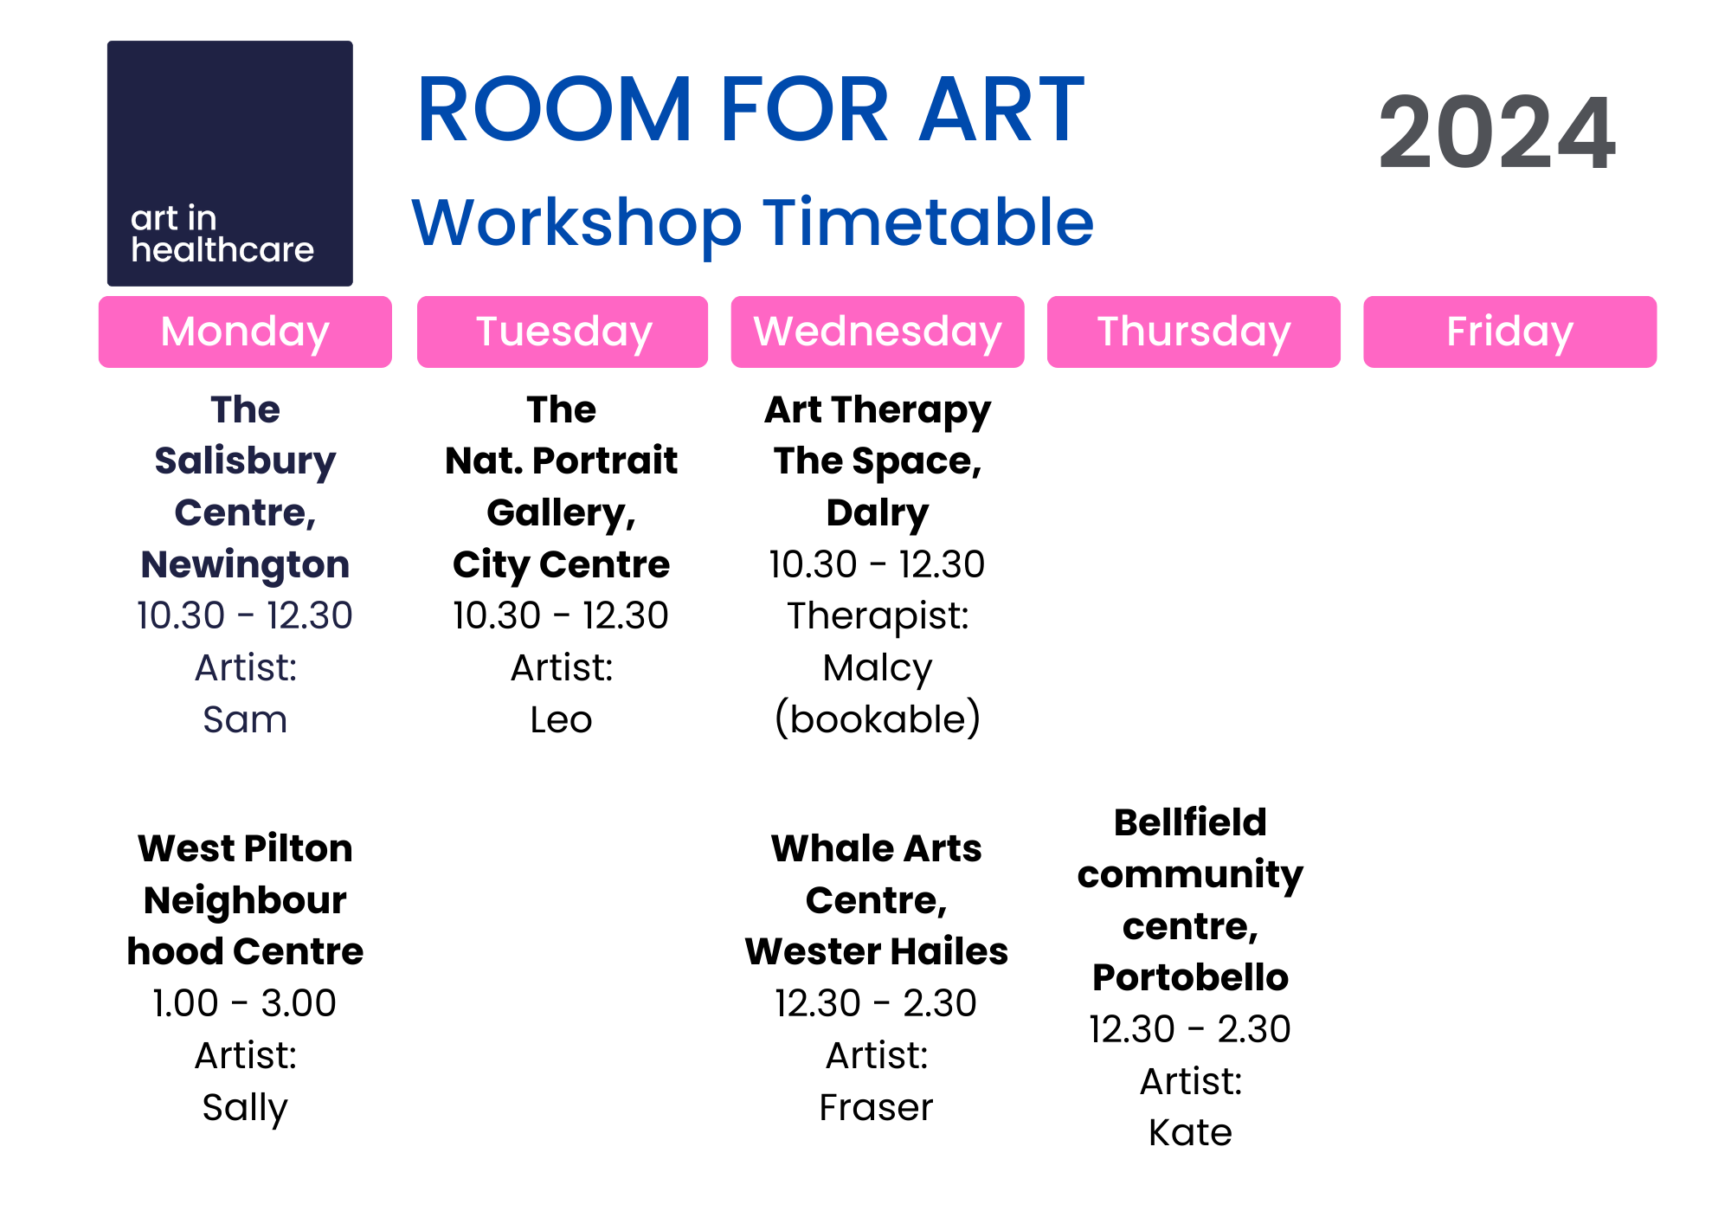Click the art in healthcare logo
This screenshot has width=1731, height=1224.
(229, 163)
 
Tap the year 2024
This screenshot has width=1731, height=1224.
(1496, 133)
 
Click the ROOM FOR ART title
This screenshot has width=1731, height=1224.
(750, 110)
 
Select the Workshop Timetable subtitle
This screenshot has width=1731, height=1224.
(752, 222)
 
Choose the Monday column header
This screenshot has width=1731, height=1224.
(245, 332)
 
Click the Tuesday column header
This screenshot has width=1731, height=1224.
(563, 332)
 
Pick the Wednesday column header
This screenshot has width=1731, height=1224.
(878, 332)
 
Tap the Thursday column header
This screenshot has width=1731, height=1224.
(1194, 332)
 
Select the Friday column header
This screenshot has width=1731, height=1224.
(1509, 332)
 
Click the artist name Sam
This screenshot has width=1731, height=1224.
(245, 719)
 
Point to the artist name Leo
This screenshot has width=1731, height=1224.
(561, 719)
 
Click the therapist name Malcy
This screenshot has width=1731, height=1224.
(878, 668)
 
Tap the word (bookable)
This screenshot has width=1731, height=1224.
(878, 719)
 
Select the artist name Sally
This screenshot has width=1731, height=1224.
(245, 1107)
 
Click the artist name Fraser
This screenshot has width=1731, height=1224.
(876, 1107)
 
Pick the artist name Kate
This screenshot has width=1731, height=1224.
(1190, 1132)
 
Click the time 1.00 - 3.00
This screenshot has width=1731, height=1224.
(245, 1003)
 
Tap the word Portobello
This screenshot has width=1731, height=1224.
(1190, 977)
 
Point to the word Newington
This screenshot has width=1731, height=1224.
(245, 564)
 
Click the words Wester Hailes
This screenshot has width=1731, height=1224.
(876, 951)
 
